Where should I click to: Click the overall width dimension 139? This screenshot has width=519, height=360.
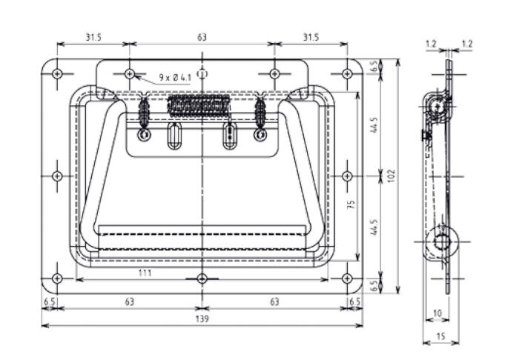202,319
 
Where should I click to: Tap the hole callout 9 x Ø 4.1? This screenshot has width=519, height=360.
175,77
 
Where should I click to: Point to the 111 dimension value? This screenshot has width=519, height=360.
145,273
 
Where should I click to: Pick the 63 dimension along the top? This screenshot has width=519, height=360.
202,36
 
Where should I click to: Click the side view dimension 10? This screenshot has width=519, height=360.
437,313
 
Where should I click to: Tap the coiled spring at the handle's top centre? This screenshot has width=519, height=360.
196,107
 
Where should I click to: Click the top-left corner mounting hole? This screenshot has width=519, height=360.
58,73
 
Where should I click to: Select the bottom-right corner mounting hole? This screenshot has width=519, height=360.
347,279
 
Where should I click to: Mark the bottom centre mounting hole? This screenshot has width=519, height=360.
202,279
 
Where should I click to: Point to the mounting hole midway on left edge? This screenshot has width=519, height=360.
58,176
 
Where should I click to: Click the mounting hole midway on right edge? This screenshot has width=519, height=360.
347,176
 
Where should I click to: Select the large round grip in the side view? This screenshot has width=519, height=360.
443,241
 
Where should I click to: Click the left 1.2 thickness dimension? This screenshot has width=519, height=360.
431,44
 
